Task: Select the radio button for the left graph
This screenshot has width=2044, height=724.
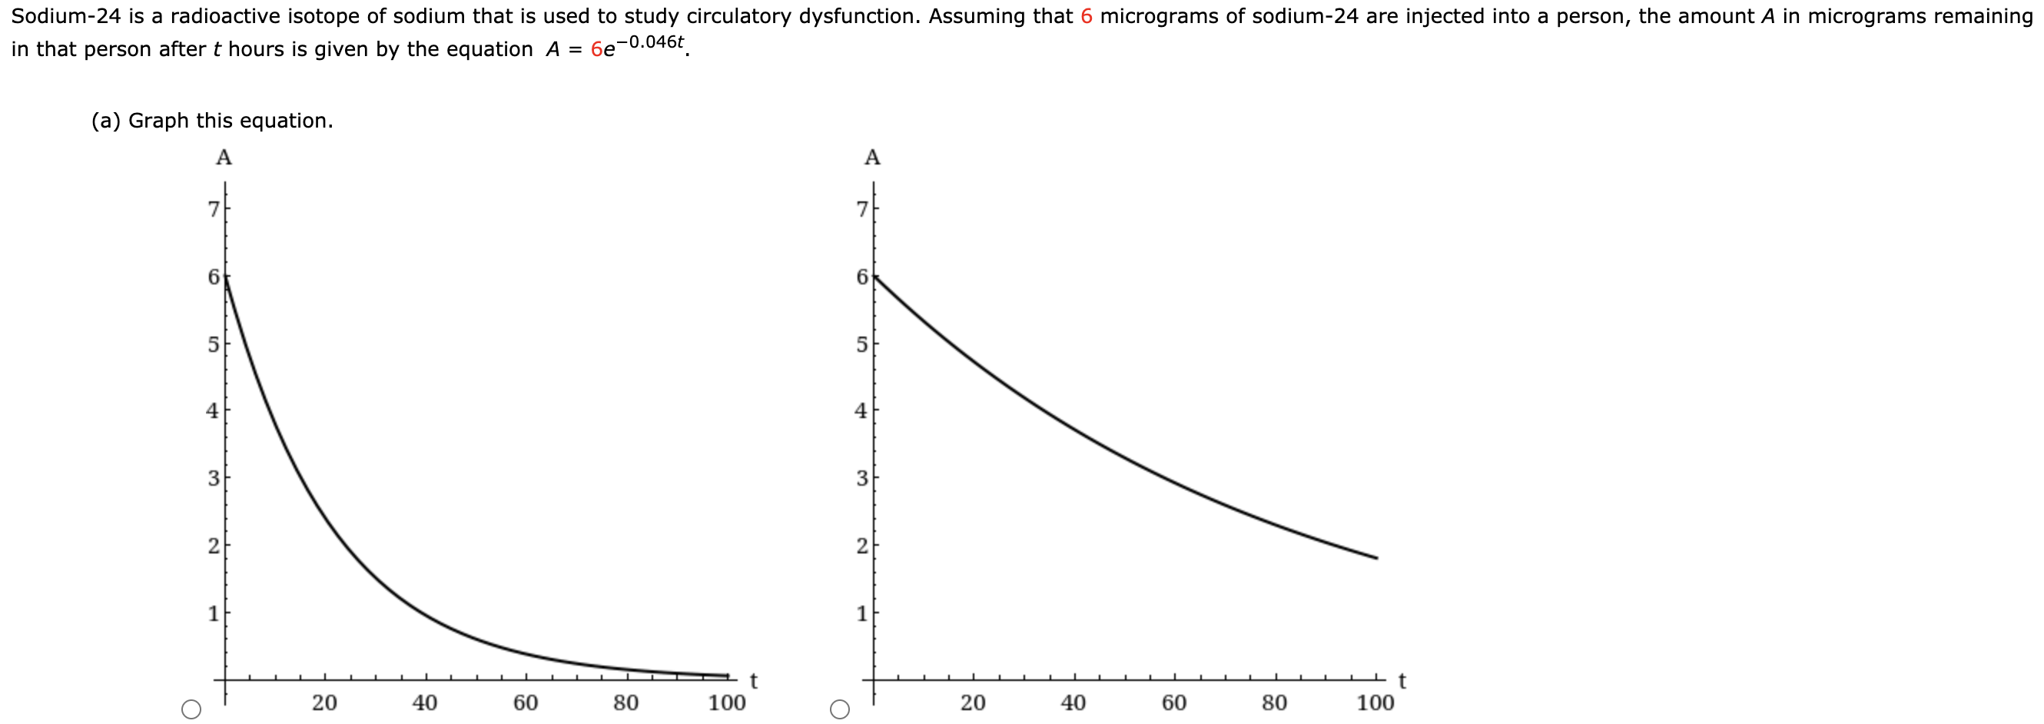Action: pos(191,709)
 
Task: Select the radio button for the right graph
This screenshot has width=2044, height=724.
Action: pos(839,709)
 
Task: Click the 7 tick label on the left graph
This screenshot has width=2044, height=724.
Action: pos(213,210)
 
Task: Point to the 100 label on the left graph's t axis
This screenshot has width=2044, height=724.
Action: pos(727,702)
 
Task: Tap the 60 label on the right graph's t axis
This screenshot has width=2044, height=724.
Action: pos(1174,702)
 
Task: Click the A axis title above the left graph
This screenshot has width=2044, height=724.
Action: pos(224,158)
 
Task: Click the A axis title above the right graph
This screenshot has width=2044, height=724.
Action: pos(872,158)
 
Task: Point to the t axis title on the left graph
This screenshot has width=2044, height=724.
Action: pos(754,680)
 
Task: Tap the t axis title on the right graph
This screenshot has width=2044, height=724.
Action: pos(1402,680)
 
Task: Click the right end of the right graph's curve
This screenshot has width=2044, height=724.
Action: pos(1377,558)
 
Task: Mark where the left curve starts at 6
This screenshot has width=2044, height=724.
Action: pos(225,276)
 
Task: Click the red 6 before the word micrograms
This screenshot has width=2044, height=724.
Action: pos(1087,17)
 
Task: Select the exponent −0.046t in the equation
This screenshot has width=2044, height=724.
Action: pos(650,42)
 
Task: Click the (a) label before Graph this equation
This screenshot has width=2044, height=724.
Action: pos(105,121)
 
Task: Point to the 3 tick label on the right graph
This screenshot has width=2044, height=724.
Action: pos(861,479)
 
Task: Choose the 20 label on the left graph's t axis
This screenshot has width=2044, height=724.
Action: pos(324,702)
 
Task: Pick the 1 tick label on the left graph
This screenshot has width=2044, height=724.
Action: pos(213,613)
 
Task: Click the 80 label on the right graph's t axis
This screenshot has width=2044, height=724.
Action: pos(1274,702)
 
